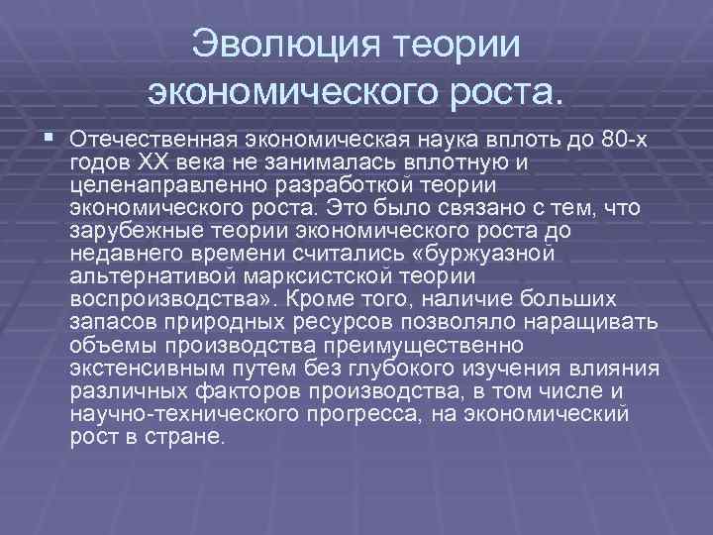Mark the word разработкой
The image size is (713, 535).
[x=359, y=184]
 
